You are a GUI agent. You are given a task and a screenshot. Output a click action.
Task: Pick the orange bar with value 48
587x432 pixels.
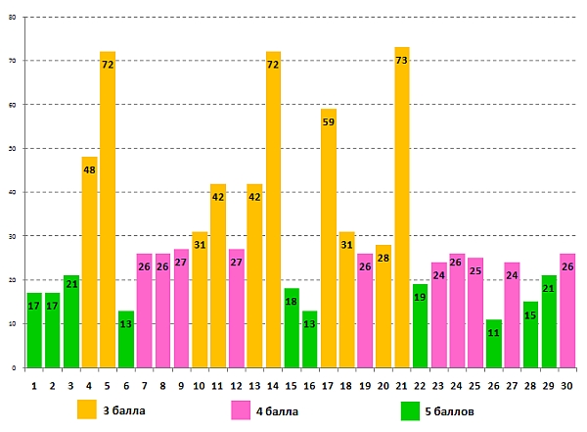pyautogui.click(x=89, y=264)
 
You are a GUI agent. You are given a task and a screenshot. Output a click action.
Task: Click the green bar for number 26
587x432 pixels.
pyautogui.click(x=494, y=343)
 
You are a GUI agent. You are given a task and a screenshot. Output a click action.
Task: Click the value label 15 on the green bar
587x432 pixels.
pyautogui.click(x=531, y=314)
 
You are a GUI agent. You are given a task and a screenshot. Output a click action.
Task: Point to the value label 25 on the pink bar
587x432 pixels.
pyautogui.click(x=475, y=271)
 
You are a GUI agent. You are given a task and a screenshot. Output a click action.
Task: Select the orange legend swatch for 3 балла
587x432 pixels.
pyautogui.click(x=87, y=409)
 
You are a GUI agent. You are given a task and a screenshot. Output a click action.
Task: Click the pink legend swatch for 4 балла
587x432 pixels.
pyautogui.click(x=242, y=409)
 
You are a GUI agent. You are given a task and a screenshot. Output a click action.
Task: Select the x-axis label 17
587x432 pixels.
pyautogui.click(x=329, y=386)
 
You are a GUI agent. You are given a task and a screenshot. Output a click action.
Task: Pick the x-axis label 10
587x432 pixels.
pyautogui.click(x=200, y=386)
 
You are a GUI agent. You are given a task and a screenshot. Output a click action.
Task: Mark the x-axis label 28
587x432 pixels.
pyautogui.click(x=531, y=386)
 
